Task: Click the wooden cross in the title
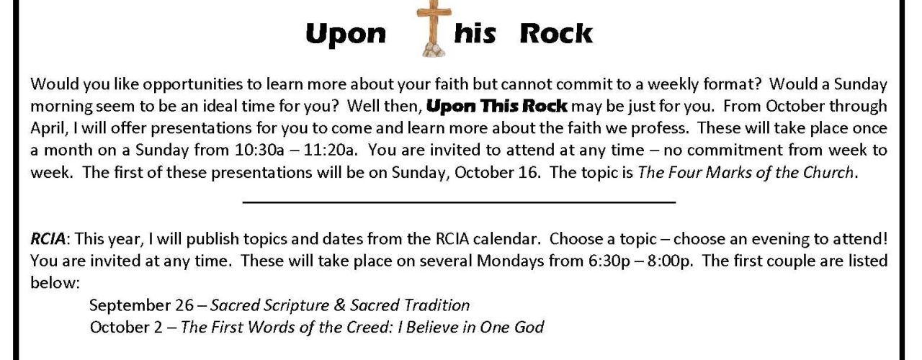click(434, 24)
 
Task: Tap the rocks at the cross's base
click(434, 50)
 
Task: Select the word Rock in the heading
click(556, 33)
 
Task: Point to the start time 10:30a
click(259, 150)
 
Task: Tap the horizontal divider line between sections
click(459, 202)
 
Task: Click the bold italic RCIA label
click(48, 238)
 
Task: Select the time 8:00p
click(668, 261)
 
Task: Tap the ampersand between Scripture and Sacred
click(339, 305)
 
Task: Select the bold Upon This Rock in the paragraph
click(497, 106)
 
